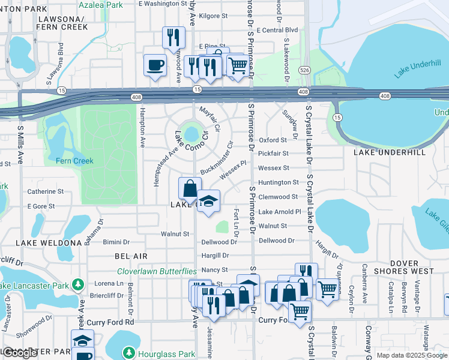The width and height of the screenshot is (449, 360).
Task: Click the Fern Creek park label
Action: click(74, 161)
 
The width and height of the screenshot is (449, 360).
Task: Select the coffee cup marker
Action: click(155, 65)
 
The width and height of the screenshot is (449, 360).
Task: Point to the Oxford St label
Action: click(273, 140)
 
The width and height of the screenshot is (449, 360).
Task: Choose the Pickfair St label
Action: click(274, 154)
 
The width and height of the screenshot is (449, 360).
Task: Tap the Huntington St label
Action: click(278, 182)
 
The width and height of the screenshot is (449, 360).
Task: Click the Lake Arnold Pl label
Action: click(279, 212)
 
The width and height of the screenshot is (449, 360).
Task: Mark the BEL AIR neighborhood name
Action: click(131, 256)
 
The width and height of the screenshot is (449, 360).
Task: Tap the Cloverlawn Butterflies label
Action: click(157, 272)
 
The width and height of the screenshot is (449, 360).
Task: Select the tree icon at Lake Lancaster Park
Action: click(77, 283)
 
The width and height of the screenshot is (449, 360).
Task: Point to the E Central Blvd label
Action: click(277, 29)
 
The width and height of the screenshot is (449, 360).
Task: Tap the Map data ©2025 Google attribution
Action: click(411, 355)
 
